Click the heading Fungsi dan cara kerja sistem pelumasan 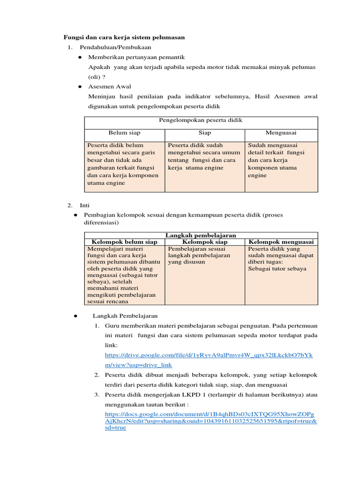click(x=124, y=37)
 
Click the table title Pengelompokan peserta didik click(x=201, y=120)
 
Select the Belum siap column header click(x=124, y=133)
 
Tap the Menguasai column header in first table click(x=281, y=133)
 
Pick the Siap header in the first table click(x=204, y=133)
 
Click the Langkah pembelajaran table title click(x=201, y=235)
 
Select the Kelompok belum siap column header click(x=124, y=242)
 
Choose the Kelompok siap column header click(x=204, y=242)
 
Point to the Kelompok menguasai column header click(x=281, y=242)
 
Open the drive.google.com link click(x=209, y=360)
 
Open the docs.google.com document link click(x=210, y=421)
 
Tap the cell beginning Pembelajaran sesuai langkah click(x=199, y=255)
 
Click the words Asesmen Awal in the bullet click(x=110, y=86)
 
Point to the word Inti click(x=84, y=205)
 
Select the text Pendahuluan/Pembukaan click(x=115, y=47)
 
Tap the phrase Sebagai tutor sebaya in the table click(x=277, y=269)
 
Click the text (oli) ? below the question click(x=97, y=76)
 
